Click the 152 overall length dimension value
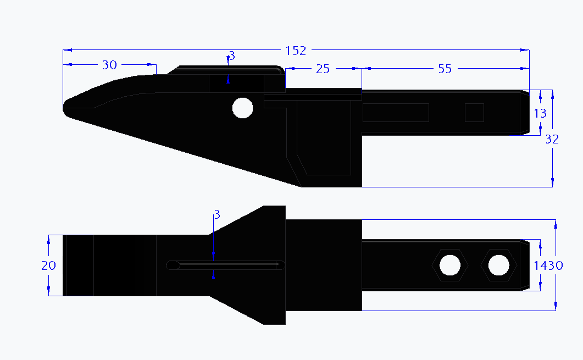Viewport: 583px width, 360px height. coord(296,51)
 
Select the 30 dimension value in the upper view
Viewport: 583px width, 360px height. coord(110,65)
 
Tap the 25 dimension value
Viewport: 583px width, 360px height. coord(323,69)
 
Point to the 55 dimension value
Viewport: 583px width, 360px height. coord(445,69)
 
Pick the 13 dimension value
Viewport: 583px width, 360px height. coord(540,113)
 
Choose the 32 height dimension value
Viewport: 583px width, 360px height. coord(552,140)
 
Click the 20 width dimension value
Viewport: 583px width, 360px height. coord(48,265)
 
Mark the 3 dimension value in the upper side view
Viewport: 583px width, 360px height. coord(232,56)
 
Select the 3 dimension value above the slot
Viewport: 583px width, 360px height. coord(217,214)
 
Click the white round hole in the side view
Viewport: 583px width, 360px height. coord(242,108)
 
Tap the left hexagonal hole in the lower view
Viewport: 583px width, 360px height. coord(450,265)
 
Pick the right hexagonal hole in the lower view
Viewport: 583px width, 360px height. coord(498,265)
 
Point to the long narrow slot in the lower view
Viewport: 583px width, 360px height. coord(226,265)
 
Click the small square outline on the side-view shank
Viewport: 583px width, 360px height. coord(474,112)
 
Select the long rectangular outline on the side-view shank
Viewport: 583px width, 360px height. coord(396,112)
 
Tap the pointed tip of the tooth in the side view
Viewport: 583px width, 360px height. coord(65,107)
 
